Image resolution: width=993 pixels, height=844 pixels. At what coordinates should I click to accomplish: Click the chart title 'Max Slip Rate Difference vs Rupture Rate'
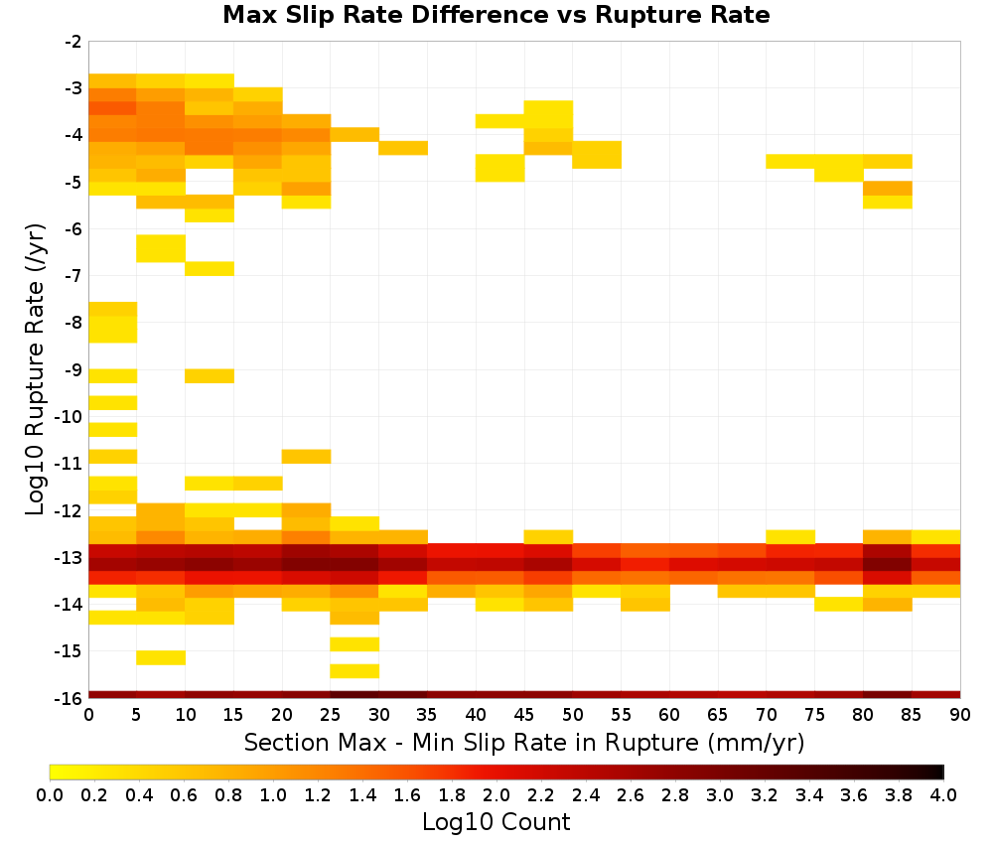point(496,15)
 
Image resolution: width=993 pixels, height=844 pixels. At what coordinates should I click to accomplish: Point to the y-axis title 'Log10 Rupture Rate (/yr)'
point(36,369)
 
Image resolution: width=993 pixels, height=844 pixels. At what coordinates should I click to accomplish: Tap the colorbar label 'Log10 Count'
point(496,822)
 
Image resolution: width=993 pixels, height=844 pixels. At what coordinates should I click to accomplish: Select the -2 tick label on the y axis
point(72,42)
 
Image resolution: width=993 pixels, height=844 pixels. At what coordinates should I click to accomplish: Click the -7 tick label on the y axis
point(72,276)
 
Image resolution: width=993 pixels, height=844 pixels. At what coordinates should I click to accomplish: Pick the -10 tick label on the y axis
point(69,417)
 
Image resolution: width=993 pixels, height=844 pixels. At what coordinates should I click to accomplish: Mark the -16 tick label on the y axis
point(69,698)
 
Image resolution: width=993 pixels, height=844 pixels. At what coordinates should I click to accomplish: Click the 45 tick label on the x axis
point(524,715)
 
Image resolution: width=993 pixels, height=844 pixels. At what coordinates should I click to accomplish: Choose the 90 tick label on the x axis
point(960,715)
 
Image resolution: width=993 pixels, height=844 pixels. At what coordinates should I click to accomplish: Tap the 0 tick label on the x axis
point(88,715)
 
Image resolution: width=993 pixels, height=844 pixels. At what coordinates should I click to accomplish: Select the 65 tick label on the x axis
point(718,715)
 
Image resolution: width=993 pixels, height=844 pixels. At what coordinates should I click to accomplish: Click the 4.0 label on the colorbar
point(943,794)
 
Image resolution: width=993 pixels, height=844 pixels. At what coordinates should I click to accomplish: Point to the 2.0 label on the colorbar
point(496,794)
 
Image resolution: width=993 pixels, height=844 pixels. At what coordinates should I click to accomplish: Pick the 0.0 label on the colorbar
point(50,794)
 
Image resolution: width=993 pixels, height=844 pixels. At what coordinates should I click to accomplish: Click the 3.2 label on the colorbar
point(765,794)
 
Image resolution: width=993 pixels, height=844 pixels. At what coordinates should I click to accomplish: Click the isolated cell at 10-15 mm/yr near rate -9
point(210,376)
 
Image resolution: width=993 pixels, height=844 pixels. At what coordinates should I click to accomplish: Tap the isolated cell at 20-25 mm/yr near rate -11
point(307,457)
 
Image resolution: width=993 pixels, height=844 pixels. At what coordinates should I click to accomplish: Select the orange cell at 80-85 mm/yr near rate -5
point(887,189)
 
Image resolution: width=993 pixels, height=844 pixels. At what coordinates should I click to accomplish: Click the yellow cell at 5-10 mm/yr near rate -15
point(161,658)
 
